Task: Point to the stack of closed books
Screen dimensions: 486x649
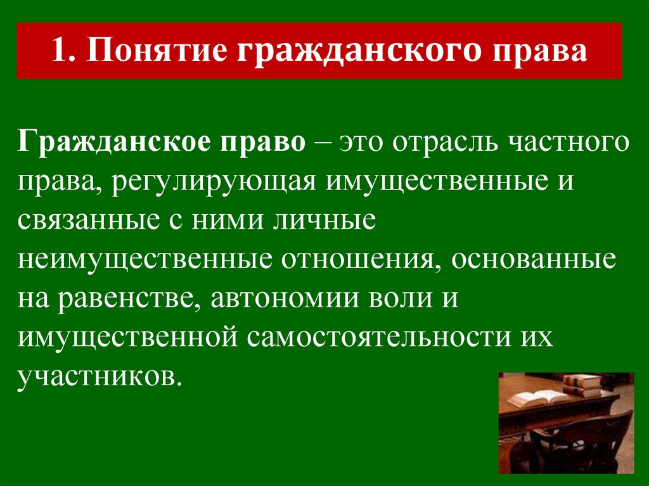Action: click(x=581, y=385)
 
